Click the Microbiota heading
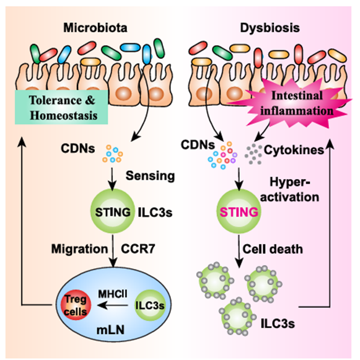tap(95, 28)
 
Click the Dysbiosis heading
tap(270, 28)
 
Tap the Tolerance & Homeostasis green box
tap(61, 107)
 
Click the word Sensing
tap(150, 176)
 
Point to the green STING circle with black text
tap(113, 212)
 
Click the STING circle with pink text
tap(239, 212)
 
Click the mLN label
tap(110, 330)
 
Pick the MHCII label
tap(113, 294)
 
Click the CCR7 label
tap(138, 248)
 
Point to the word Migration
tap(79, 249)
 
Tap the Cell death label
tap(273, 249)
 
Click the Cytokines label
tap(294, 150)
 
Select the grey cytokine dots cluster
tap(253, 154)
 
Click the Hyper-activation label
tap(289, 190)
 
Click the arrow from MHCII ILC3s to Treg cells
tap(113, 305)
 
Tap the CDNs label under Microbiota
tap(78, 148)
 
